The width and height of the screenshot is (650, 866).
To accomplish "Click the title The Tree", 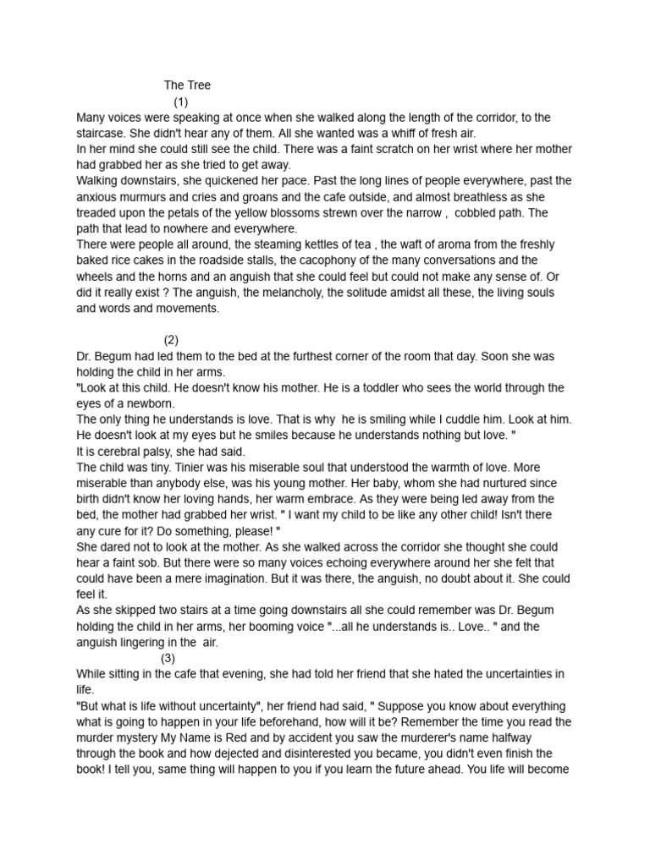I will pyautogui.click(x=187, y=85).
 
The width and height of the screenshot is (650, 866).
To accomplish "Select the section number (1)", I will pyautogui.click(x=180, y=101).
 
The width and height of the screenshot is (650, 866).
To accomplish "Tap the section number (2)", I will pyautogui.click(x=172, y=340).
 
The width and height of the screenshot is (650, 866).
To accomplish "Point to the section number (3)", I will pyautogui.click(x=168, y=658).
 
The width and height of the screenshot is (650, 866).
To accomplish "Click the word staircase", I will pyautogui.click(x=102, y=133).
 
